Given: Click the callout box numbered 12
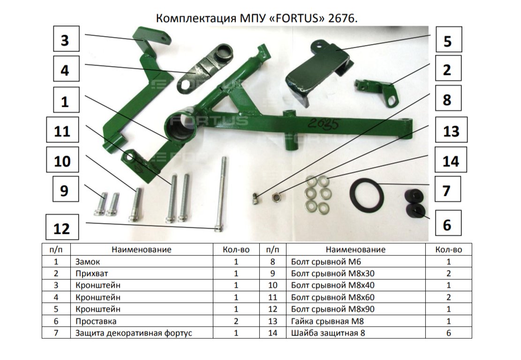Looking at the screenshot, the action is coord(62,227).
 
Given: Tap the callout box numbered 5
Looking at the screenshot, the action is coord(448,39).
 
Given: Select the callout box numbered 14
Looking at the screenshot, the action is coord(451,160).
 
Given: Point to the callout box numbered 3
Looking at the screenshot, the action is coord(67,39).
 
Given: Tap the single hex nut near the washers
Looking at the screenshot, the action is coord(276,198).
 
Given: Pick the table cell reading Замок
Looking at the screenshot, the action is coord(87,262).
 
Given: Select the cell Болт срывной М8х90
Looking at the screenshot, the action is coord(332,309).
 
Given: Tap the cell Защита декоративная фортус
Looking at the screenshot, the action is coord(134,333).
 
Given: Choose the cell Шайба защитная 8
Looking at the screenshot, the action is coord(328,333).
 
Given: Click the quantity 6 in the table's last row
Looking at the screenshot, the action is coord(449,333).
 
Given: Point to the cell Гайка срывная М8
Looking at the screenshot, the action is coord(327,321).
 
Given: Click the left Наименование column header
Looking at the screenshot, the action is coord(141,249).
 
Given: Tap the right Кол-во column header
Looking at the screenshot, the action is coord(449,249).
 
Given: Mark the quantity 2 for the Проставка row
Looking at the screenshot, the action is coord(236,321).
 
